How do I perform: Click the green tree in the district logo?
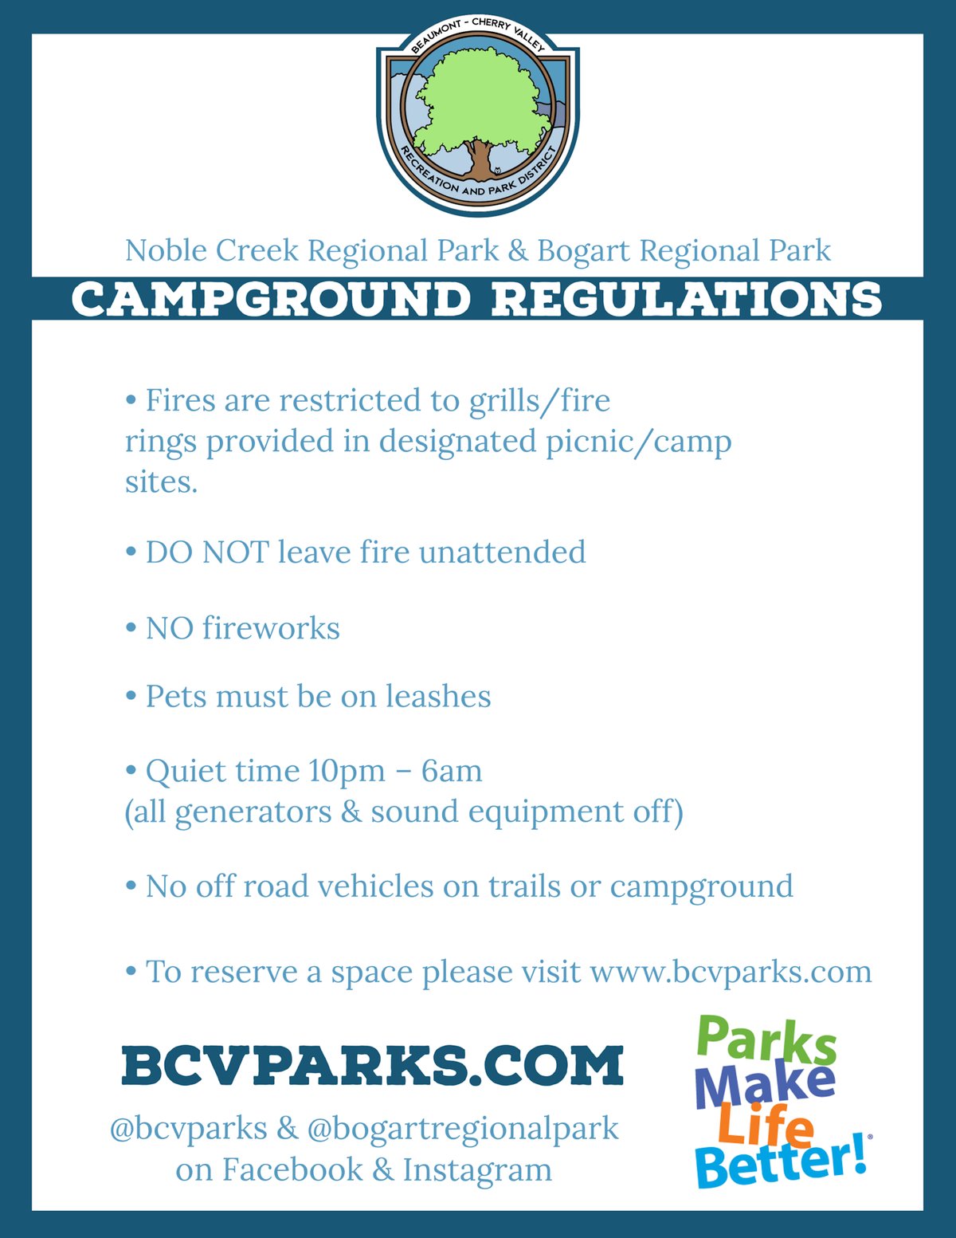click(478, 103)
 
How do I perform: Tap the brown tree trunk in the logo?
click(480, 159)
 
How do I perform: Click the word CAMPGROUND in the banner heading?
click(271, 299)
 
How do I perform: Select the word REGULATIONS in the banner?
click(687, 299)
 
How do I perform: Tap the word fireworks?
click(271, 628)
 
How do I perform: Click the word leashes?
click(438, 696)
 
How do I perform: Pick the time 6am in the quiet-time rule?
click(452, 771)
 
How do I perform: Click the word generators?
click(253, 812)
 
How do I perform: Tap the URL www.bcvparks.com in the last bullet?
click(731, 973)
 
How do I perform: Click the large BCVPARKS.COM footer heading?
click(372, 1064)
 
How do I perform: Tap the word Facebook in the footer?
click(292, 1169)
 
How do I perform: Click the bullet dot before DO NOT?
click(131, 552)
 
